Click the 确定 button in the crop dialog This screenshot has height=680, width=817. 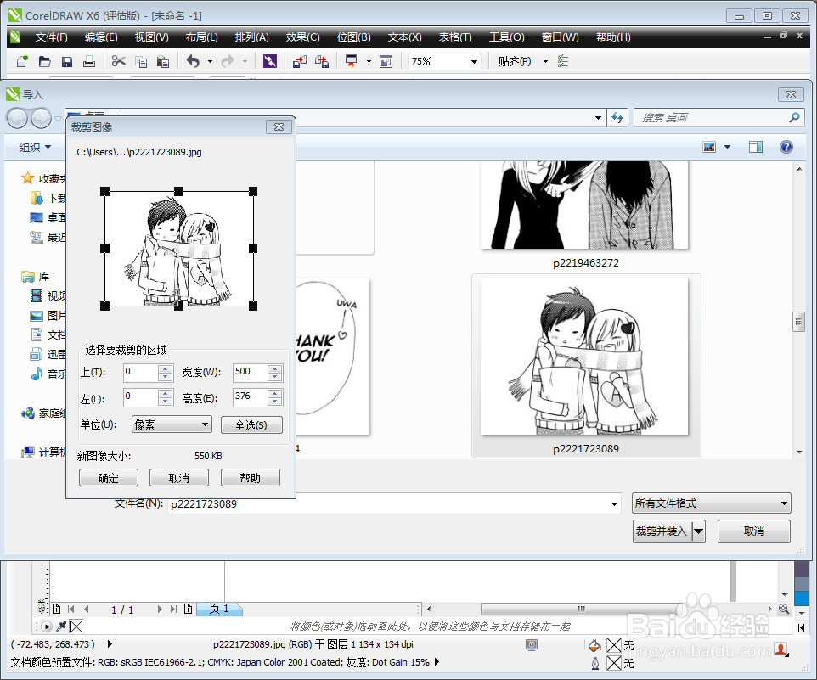click(x=109, y=478)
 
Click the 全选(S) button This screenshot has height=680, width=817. click(x=251, y=424)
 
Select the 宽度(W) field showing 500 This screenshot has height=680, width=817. click(x=250, y=372)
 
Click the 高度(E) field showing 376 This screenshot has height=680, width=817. click(x=250, y=397)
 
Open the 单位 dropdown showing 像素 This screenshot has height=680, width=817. click(x=172, y=424)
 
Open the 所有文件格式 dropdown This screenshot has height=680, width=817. click(x=711, y=503)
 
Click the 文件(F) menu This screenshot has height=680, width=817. click(x=52, y=37)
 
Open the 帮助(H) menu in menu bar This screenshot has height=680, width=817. click(x=613, y=37)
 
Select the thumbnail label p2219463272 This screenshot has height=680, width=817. click(x=585, y=263)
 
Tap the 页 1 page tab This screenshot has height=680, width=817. click(x=219, y=610)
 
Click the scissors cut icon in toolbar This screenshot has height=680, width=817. click(x=118, y=61)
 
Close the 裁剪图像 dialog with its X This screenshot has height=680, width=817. click(x=279, y=127)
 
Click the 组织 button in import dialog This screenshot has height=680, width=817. click(x=35, y=147)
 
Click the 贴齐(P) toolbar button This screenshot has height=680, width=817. click(x=515, y=61)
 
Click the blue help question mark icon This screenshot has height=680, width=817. click(x=786, y=147)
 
